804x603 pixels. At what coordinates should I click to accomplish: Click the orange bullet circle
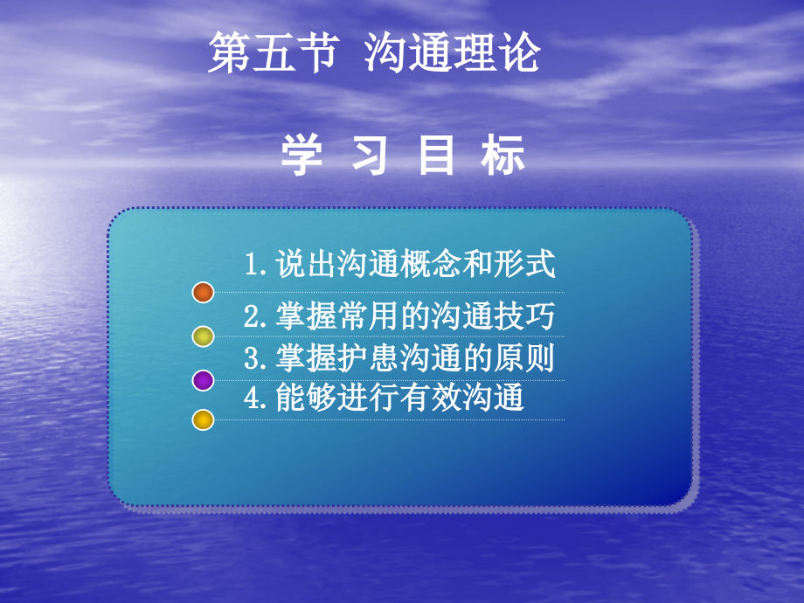coord(203,293)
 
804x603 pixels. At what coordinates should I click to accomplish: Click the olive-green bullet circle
coord(203,336)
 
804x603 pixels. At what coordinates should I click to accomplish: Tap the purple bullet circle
coord(203,380)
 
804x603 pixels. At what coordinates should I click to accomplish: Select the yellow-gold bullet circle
coord(203,420)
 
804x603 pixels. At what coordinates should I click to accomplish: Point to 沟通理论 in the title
coord(452,53)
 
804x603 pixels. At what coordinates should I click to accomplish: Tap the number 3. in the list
coord(257,359)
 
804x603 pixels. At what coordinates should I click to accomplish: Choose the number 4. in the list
coord(257,399)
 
